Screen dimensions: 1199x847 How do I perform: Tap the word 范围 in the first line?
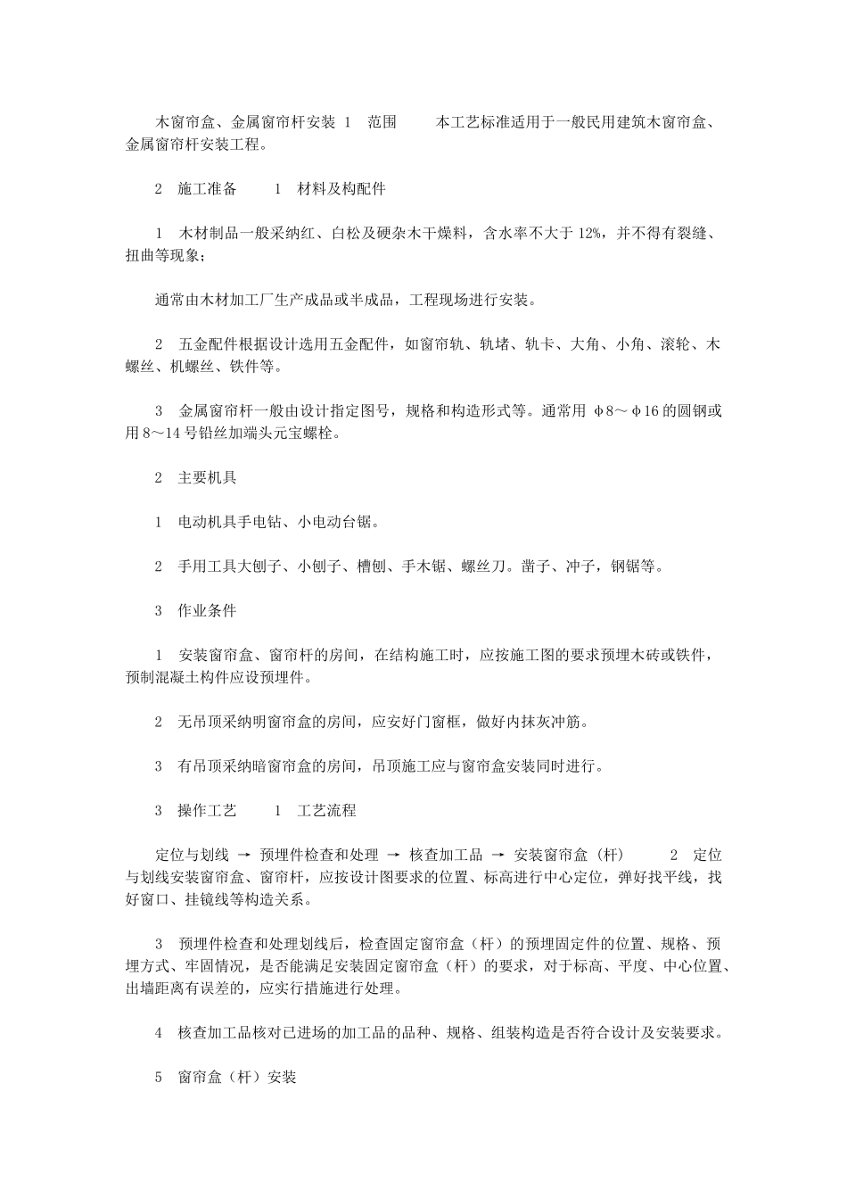click(382, 122)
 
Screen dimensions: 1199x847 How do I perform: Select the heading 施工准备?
click(208, 189)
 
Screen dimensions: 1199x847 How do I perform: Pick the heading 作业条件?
click(208, 611)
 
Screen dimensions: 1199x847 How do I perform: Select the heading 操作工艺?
click(208, 811)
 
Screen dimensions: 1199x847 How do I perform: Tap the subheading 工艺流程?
click(326, 811)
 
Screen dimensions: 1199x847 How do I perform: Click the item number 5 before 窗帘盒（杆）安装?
click(159, 1078)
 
